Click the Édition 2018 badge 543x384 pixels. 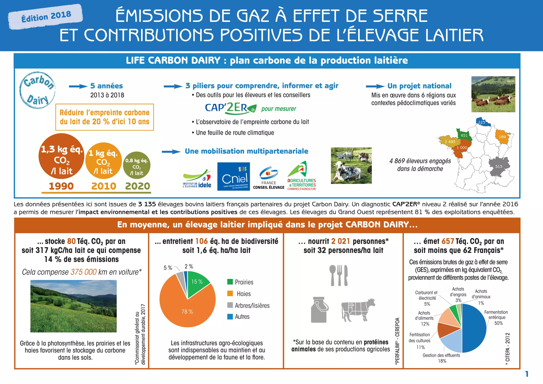coord(46,16)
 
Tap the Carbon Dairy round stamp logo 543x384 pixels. coord(37,90)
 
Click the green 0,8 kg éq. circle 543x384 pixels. coord(137,165)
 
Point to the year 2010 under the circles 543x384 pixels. coord(104,186)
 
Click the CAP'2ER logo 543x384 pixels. coord(230,108)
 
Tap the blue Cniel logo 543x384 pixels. coord(233,176)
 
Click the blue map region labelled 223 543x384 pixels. coord(482,122)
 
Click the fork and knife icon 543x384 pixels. coord(339,275)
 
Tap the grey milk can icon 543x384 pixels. coord(319,309)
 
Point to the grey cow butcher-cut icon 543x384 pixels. coord(358,309)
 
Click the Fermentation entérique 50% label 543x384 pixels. coord(496,317)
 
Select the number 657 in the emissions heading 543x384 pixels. coord(448,241)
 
